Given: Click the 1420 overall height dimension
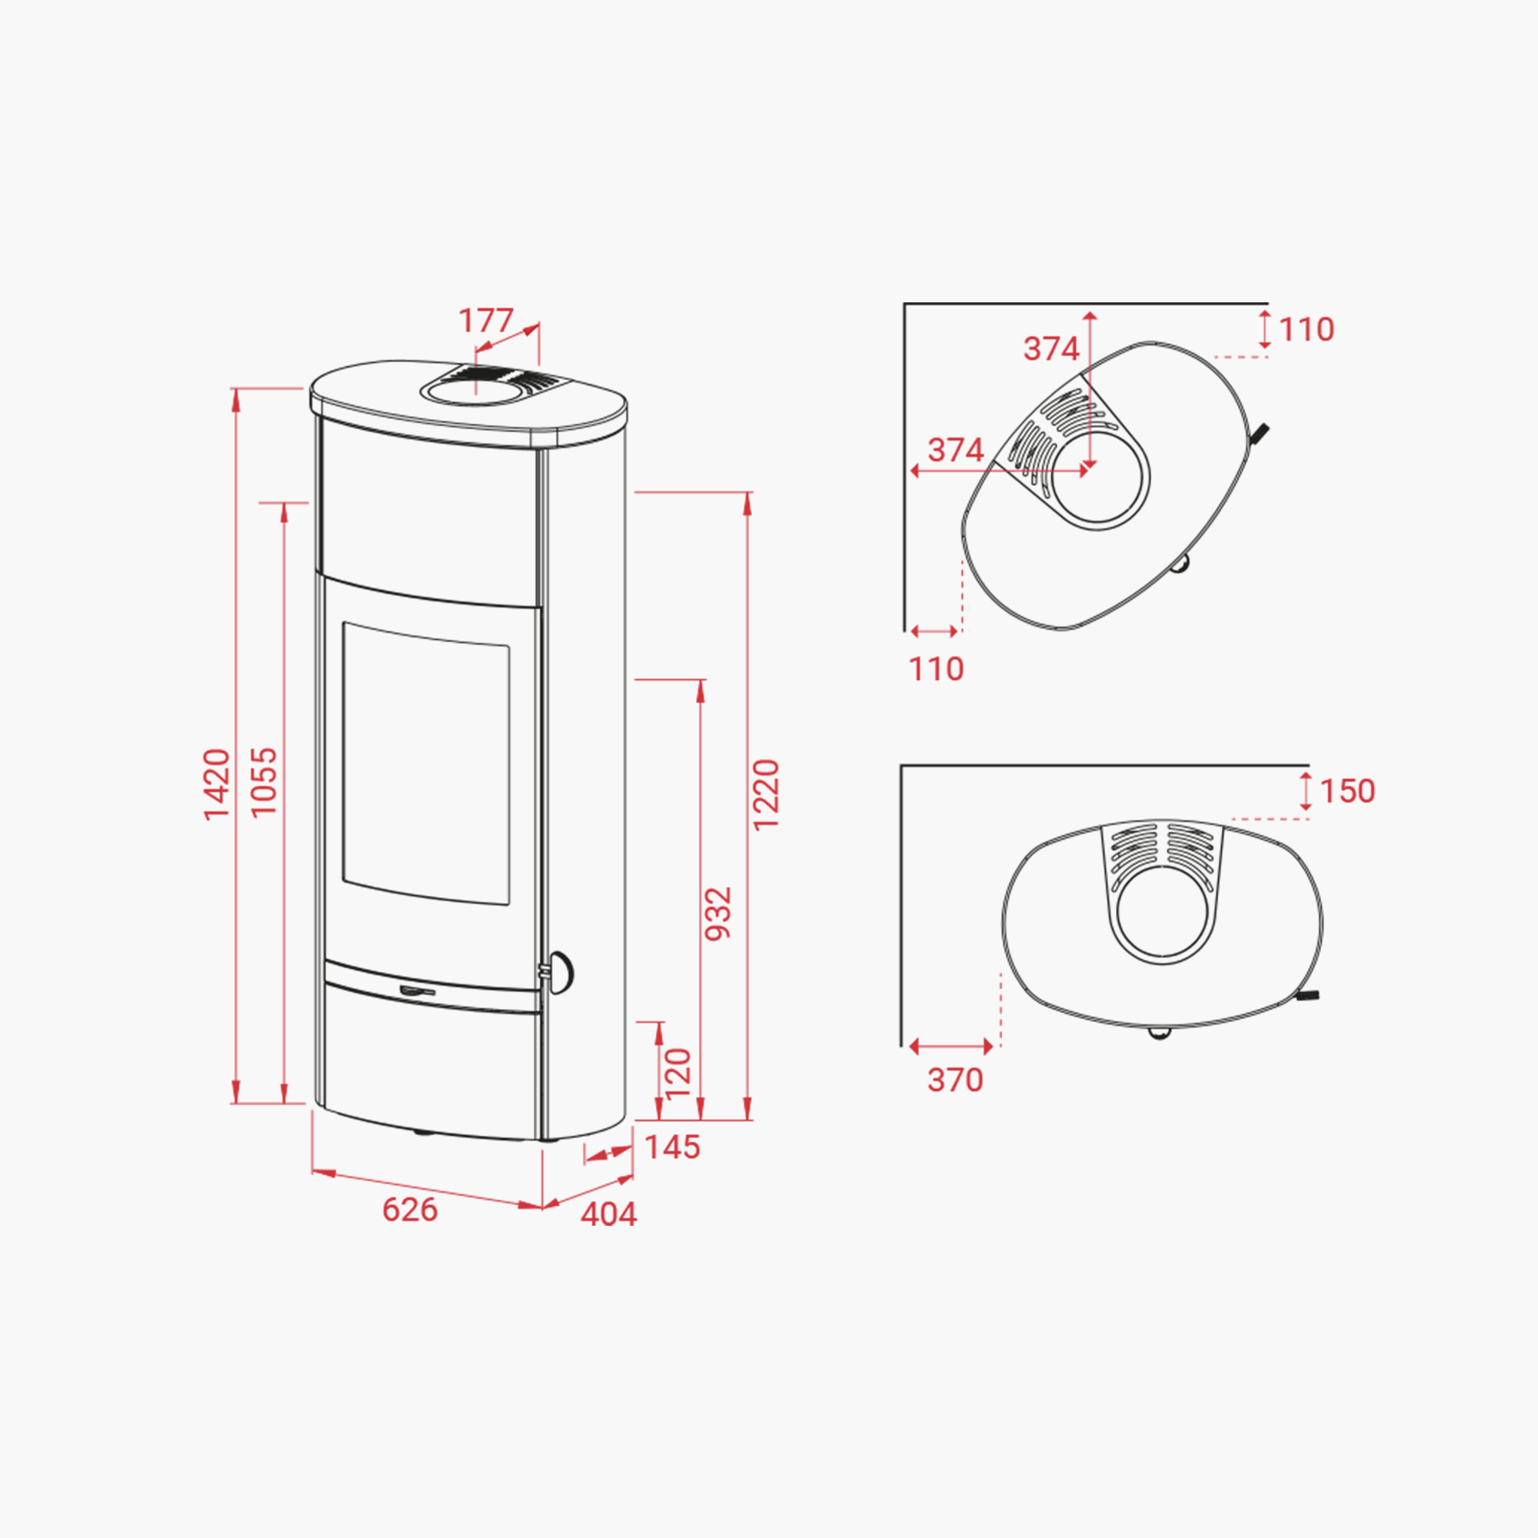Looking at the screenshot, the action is [x=217, y=784].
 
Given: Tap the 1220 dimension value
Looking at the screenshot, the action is [x=766, y=794].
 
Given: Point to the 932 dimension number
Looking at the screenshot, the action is [x=718, y=913].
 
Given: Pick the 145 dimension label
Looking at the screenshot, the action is [x=672, y=1147].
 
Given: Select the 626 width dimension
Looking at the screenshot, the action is [x=410, y=1210].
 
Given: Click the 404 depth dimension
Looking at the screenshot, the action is [x=609, y=1214].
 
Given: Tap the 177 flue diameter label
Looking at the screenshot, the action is [x=485, y=321].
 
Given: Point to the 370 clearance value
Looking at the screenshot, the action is [x=955, y=1080].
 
